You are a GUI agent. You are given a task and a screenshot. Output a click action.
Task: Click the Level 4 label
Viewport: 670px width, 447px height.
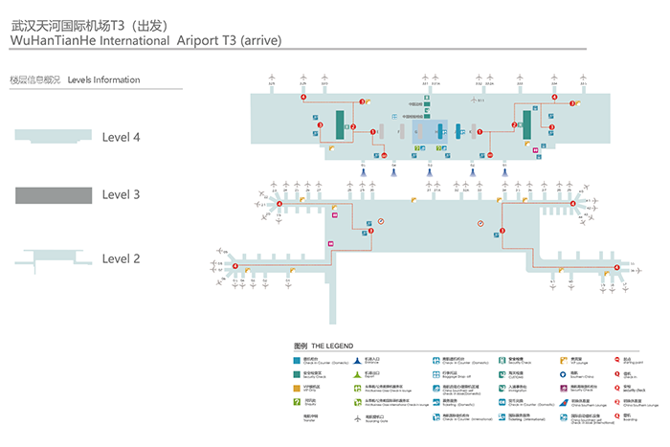[x=121, y=138]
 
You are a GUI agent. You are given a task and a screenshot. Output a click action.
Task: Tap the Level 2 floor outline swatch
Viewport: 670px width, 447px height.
[x=53, y=257]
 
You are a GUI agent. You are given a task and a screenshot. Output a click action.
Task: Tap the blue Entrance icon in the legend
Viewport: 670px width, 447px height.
[x=358, y=361]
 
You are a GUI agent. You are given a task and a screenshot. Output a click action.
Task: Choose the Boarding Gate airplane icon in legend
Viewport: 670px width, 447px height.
[x=358, y=417]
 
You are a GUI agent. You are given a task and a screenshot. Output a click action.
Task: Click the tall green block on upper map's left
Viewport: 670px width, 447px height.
[x=339, y=123]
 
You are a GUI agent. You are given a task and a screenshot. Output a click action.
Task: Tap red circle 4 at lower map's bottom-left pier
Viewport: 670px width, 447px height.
[x=235, y=266]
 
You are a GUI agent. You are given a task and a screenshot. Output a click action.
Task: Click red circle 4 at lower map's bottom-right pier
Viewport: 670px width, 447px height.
[x=617, y=267]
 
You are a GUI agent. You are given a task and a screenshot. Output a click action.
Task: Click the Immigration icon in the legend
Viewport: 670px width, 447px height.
[x=500, y=389]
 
